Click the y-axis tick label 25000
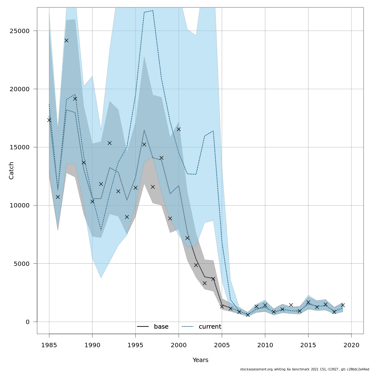19,31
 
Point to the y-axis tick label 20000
19,89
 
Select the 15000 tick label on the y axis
19,147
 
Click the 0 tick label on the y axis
28,322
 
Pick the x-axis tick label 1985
49,345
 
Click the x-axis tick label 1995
135,345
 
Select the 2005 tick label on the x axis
222,345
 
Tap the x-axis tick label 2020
352,345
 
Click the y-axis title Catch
11,170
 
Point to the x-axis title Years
200,360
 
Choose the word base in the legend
161,327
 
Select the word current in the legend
210,327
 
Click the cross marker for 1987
66,41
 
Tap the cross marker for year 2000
179,129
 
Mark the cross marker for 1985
49,120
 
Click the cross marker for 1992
109,143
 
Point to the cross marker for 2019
343,305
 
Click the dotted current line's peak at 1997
153,11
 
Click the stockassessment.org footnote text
305,369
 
